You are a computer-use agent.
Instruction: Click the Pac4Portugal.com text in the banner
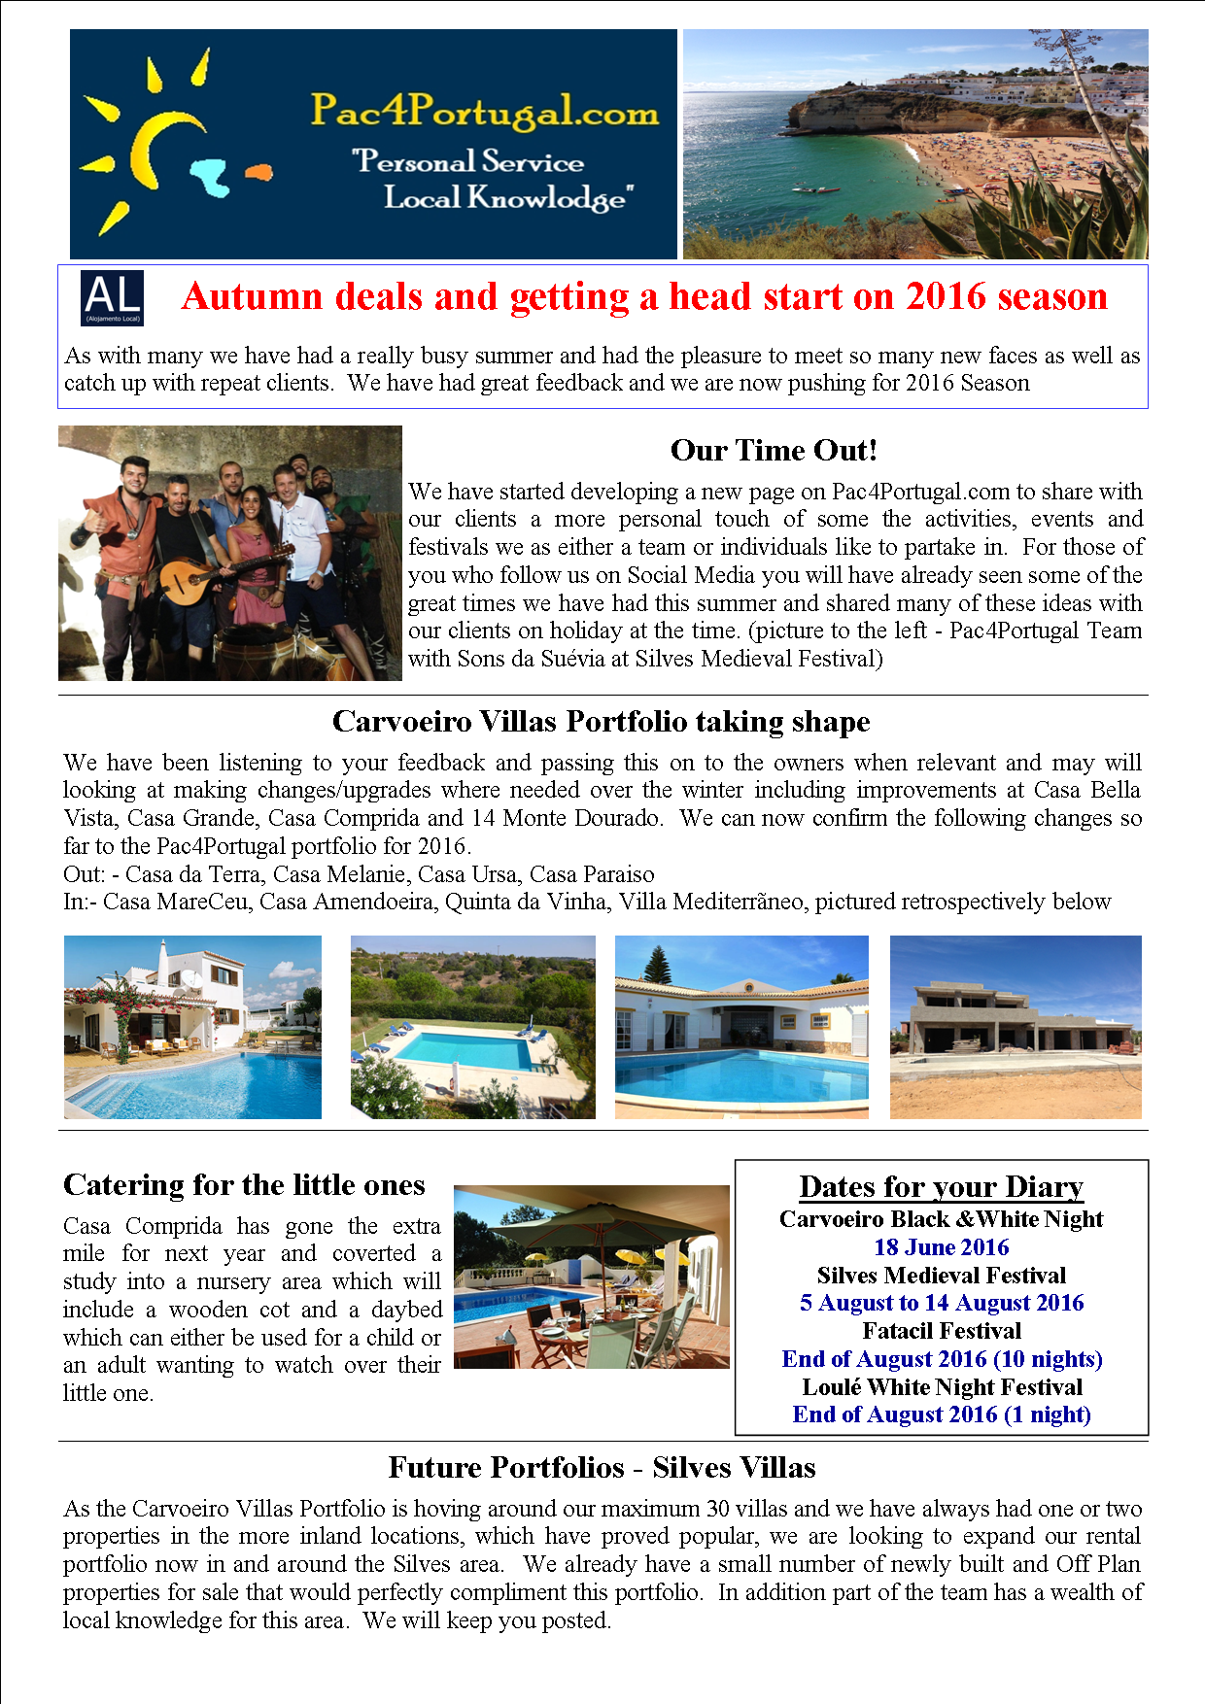pos(484,111)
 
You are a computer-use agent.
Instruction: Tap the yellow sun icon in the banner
pos(146,146)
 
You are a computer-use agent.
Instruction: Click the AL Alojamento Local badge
pos(113,298)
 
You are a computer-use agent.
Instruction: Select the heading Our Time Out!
pos(774,451)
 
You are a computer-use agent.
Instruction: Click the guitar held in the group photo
pos(194,579)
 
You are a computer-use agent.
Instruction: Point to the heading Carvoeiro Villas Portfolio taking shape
pos(601,722)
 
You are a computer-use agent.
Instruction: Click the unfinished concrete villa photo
pos(1016,1027)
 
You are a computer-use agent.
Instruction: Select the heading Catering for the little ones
pos(244,1185)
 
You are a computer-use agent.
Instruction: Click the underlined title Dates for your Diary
pos(941,1187)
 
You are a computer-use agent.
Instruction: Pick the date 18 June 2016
pos(941,1247)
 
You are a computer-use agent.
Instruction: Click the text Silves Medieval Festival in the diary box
pos(941,1276)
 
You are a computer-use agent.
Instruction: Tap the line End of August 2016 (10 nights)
pos(941,1359)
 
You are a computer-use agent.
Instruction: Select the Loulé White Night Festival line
pos(941,1387)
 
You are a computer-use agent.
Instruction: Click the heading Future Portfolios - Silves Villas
pos(602,1468)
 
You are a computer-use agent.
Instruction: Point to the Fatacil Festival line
pos(941,1331)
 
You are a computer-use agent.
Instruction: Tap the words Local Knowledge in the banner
pos(507,198)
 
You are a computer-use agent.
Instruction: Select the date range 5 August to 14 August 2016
pos(941,1303)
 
